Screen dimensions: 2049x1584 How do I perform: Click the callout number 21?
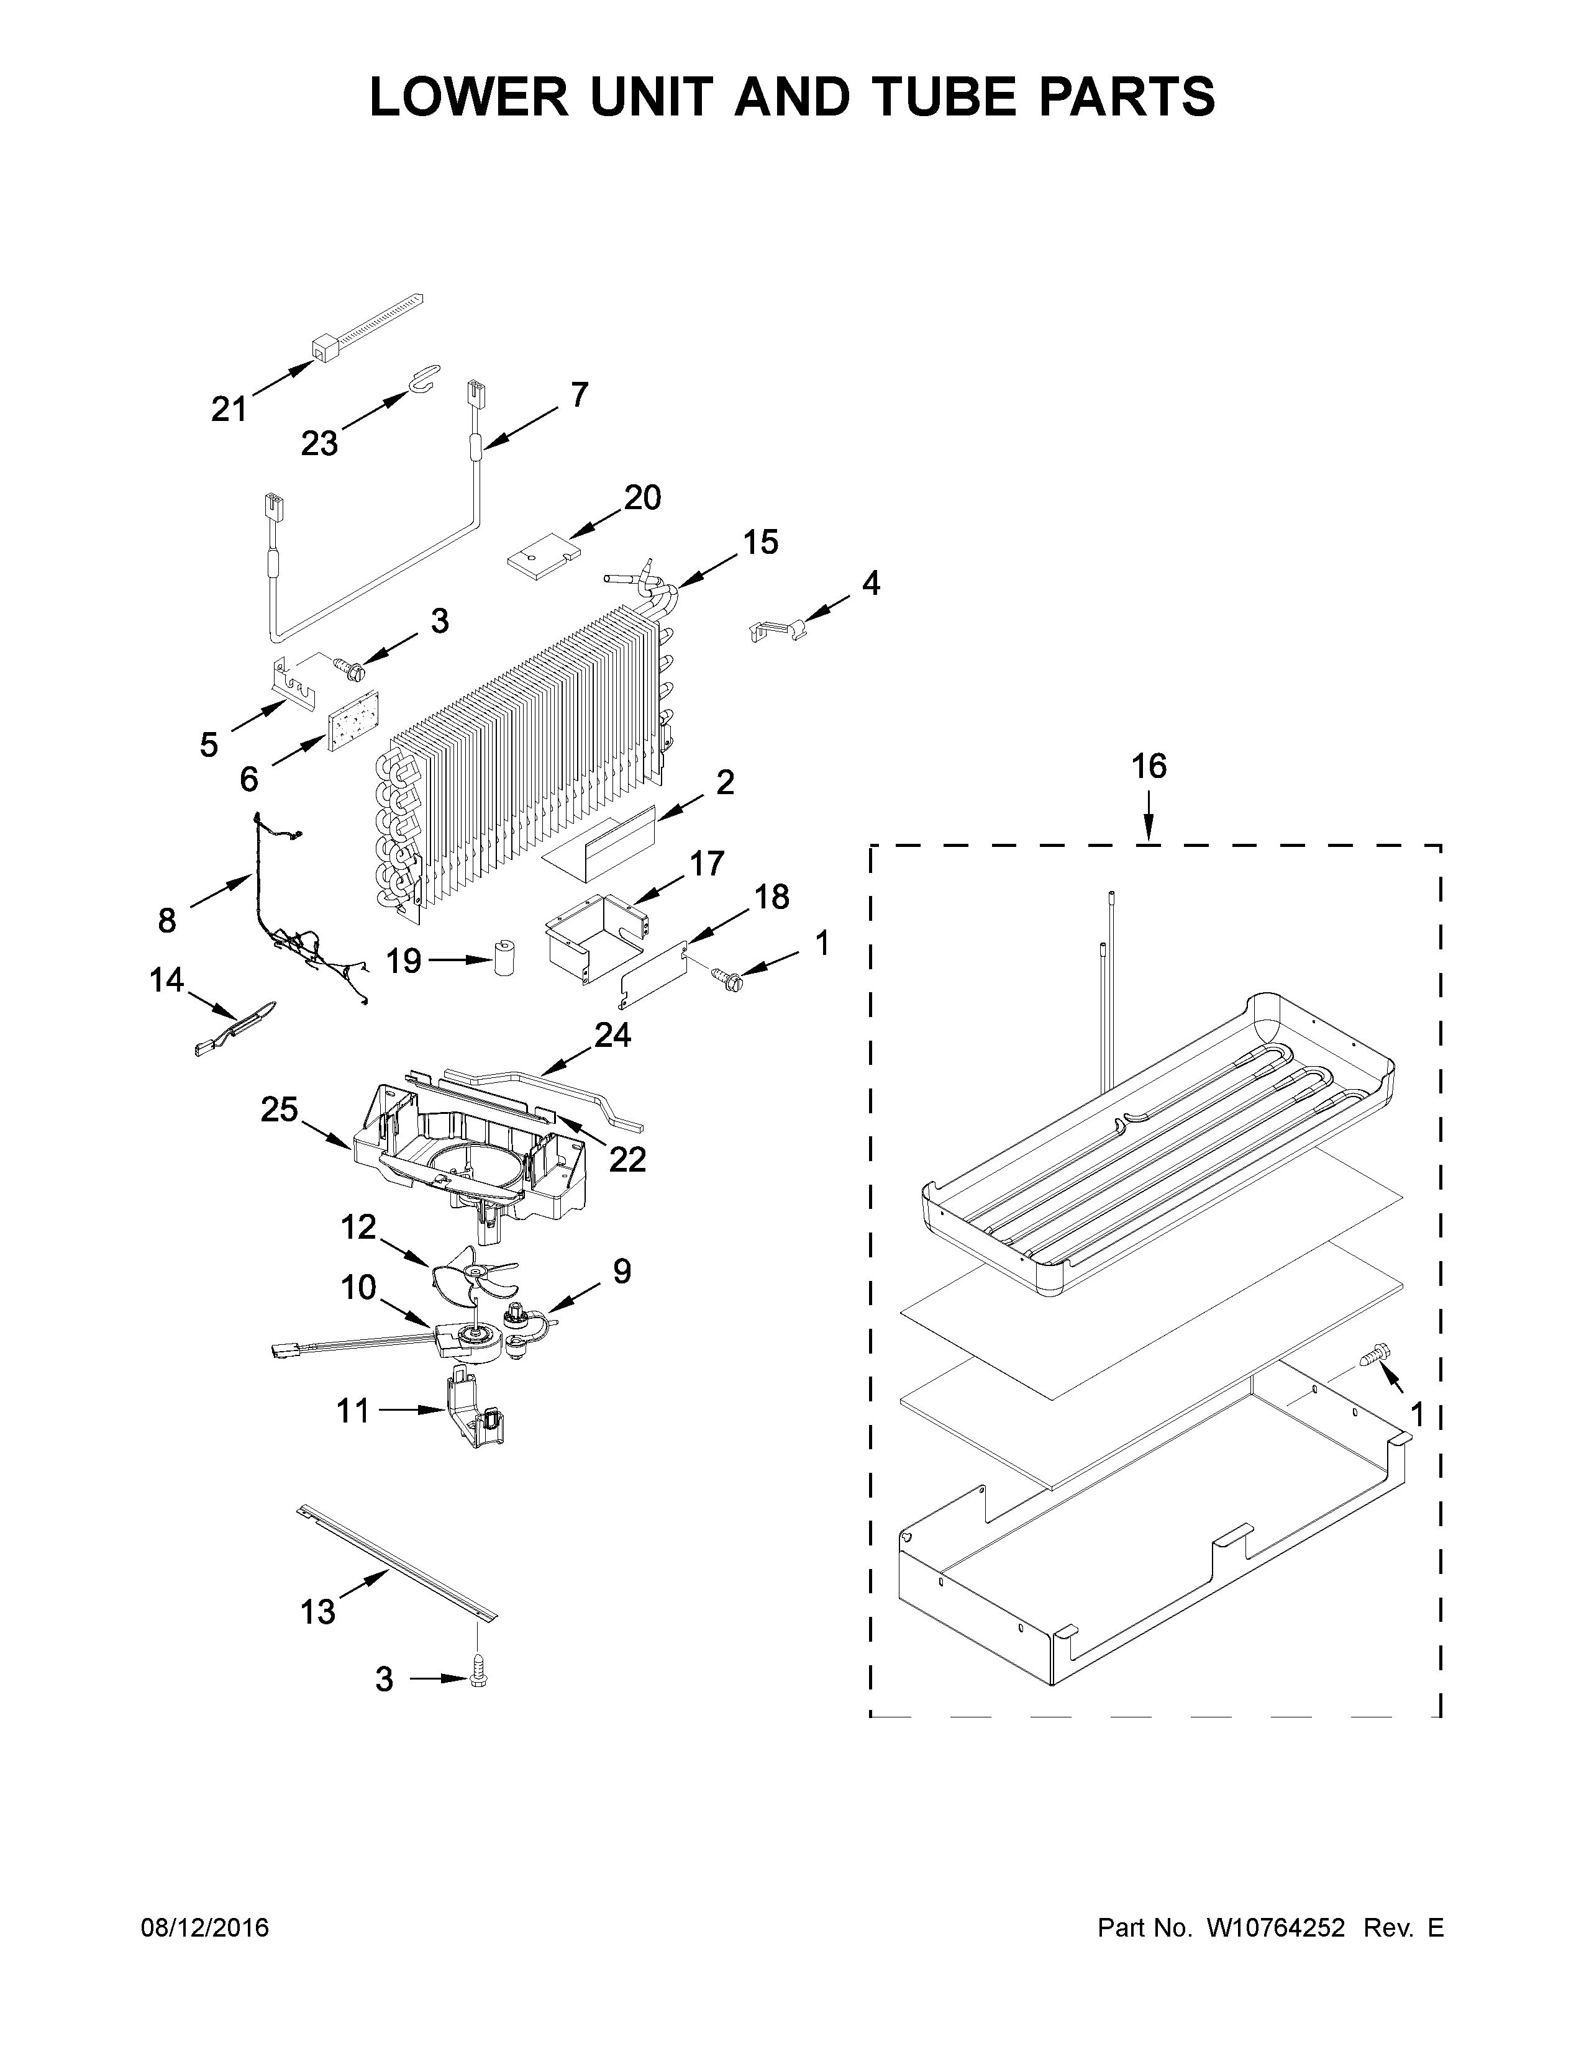point(229,409)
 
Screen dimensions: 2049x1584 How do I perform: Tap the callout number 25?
point(280,1110)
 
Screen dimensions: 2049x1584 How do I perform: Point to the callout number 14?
point(167,980)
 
